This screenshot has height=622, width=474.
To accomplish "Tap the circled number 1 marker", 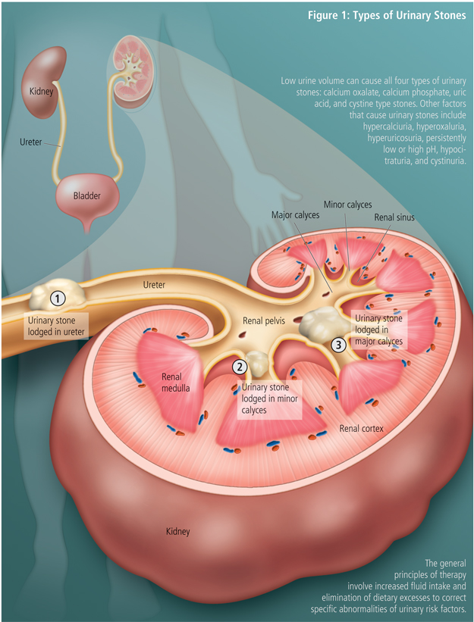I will [x=56, y=298].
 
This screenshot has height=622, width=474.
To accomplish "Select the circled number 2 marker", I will [x=240, y=367].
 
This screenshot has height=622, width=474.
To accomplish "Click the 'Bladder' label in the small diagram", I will [x=87, y=195].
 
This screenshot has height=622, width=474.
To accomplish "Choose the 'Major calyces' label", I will [x=295, y=215].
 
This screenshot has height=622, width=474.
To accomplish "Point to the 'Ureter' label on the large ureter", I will [x=155, y=284].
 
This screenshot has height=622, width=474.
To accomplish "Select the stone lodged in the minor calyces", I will [x=256, y=364].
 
